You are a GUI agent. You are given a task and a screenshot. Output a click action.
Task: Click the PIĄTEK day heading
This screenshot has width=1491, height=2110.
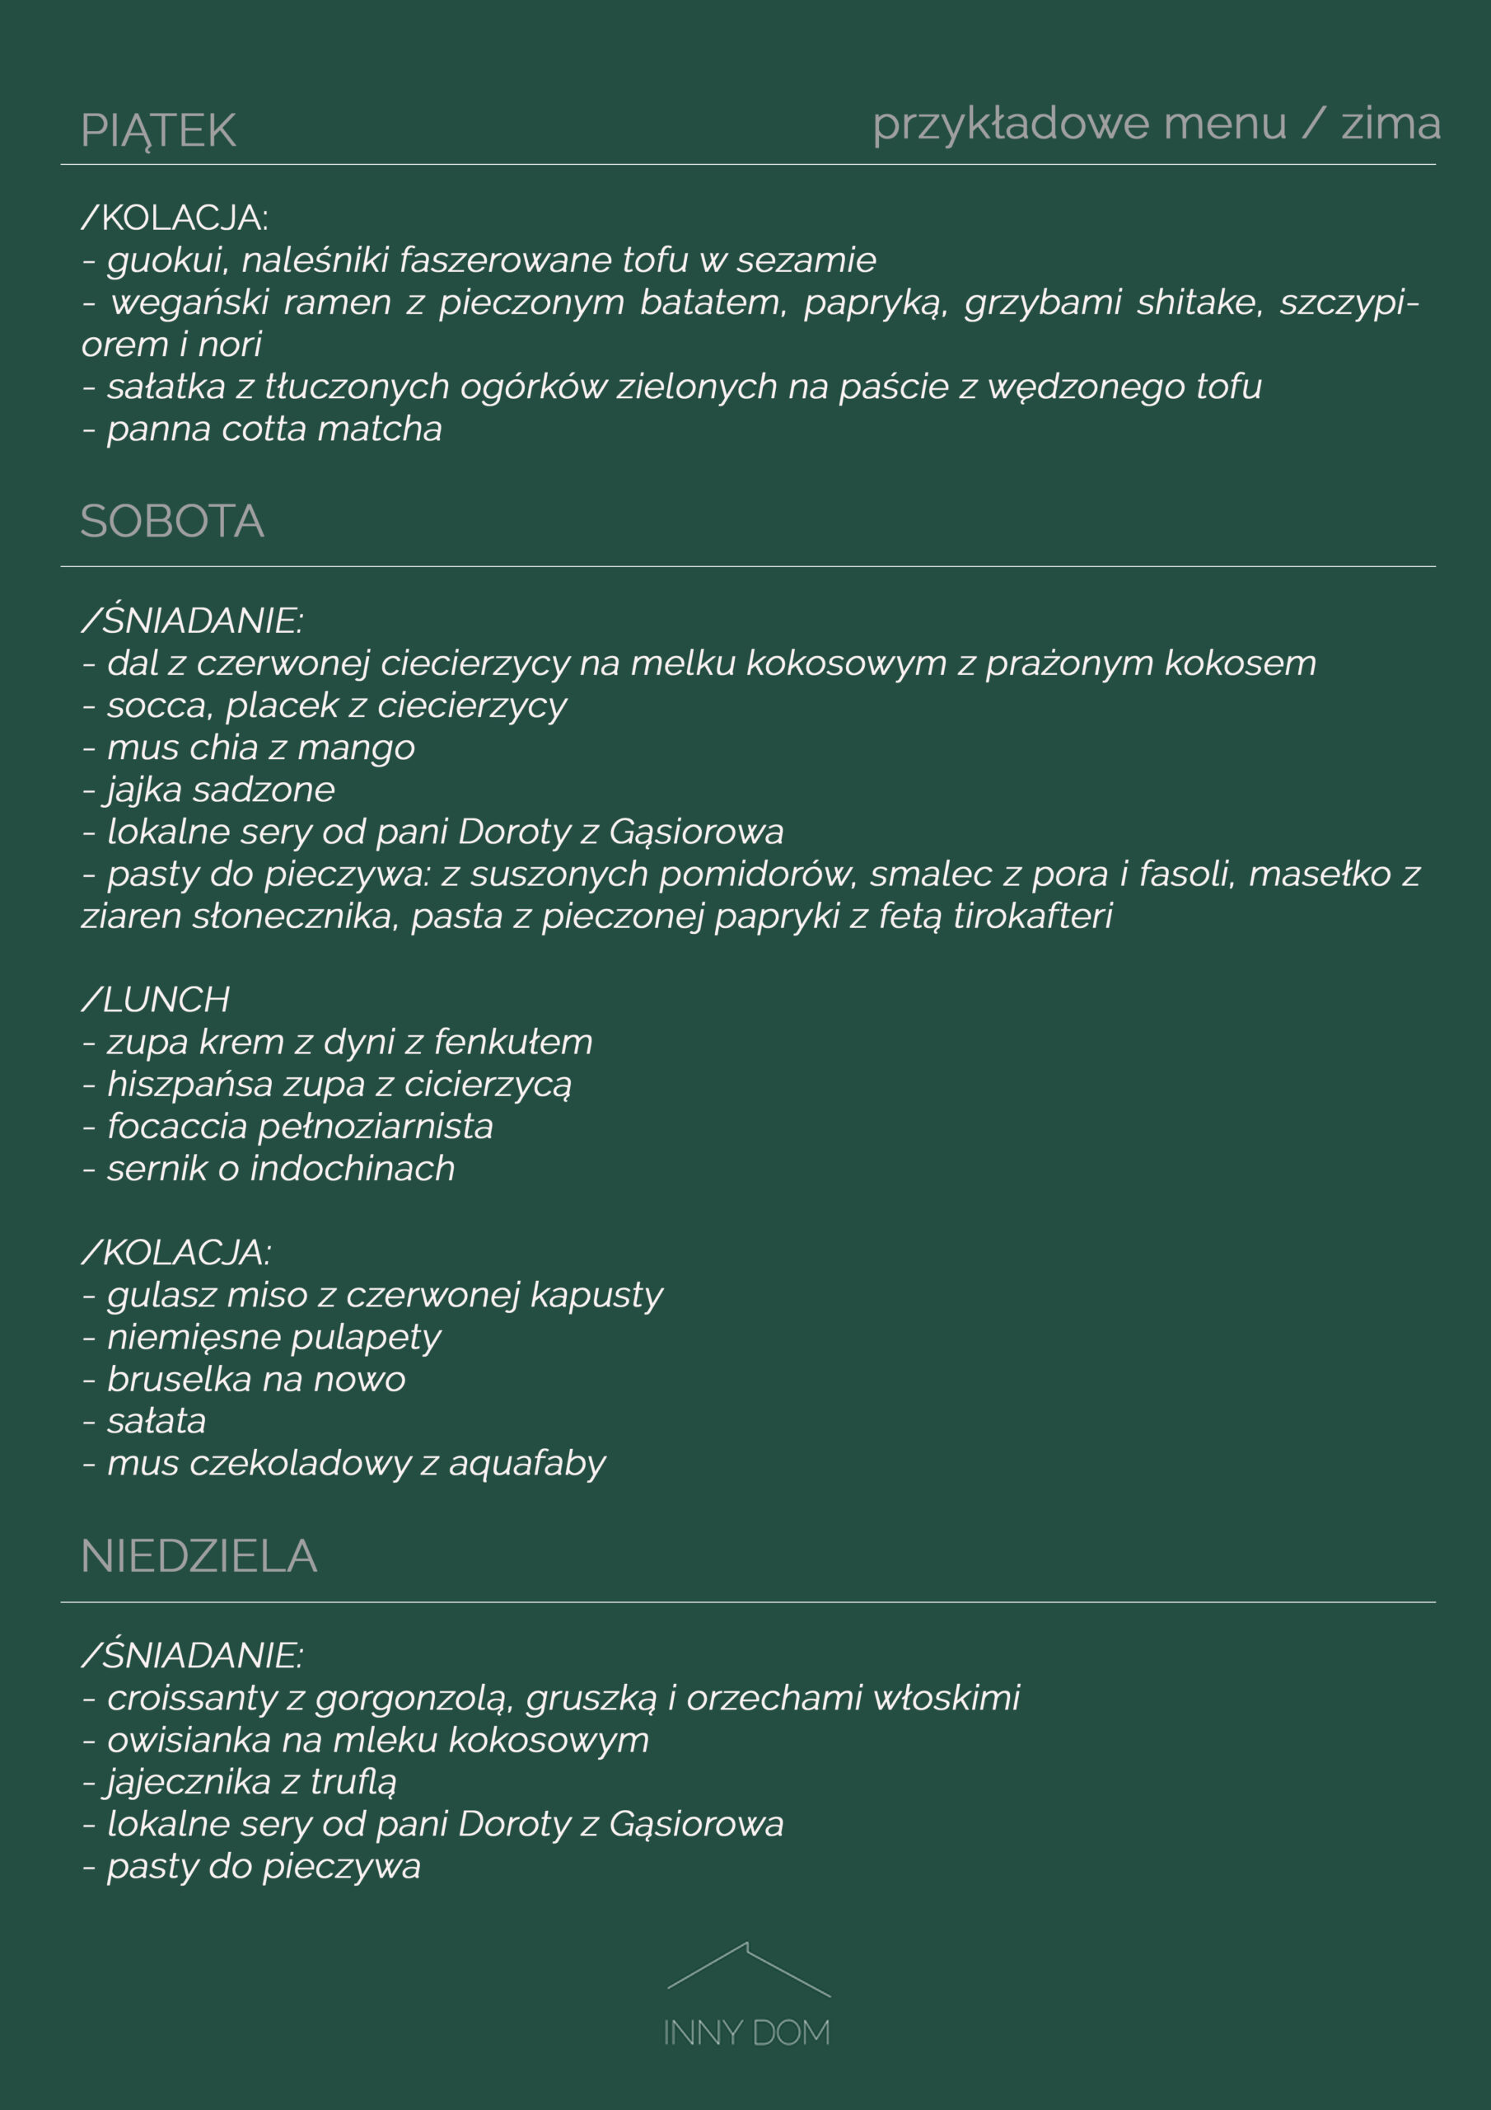(x=158, y=130)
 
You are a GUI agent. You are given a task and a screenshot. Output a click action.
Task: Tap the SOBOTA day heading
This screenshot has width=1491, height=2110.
(x=172, y=521)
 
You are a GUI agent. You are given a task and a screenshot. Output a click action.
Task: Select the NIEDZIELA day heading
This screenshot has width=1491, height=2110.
(x=199, y=1556)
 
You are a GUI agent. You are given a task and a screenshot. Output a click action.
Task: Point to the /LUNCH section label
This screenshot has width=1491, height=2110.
(x=155, y=1000)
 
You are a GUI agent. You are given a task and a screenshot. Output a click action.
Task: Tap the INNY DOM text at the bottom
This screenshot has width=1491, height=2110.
(x=746, y=2033)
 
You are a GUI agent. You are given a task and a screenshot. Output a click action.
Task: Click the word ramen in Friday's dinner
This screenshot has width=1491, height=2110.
(x=337, y=302)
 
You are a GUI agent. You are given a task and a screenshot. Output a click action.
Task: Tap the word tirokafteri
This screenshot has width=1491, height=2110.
(x=1033, y=917)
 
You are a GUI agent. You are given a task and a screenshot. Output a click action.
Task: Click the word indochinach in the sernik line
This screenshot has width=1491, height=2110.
(x=352, y=1169)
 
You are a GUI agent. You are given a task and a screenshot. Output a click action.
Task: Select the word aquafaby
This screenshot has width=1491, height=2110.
(x=526, y=1464)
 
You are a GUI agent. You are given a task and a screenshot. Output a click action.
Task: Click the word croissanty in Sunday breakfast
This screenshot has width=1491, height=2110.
(x=191, y=1698)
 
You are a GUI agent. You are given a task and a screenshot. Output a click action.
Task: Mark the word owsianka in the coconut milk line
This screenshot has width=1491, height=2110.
(x=189, y=1741)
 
